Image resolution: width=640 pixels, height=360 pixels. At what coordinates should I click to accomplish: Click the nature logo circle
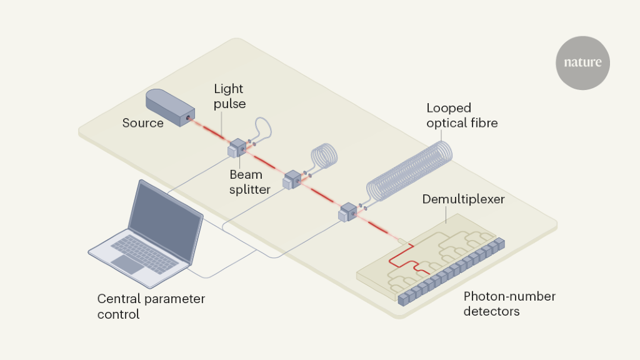point(582,62)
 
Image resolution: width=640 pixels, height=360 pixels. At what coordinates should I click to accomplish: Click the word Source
point(142,123)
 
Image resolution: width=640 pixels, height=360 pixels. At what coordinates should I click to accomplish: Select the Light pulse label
point(229,96)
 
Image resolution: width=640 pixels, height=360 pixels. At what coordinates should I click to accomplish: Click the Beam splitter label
point(250,182)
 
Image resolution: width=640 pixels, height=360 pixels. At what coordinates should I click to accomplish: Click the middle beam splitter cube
point(292,181)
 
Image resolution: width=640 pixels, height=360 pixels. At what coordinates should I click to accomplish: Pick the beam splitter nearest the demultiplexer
point(347,213)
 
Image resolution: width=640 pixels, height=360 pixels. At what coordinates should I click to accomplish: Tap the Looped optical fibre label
point(462,115)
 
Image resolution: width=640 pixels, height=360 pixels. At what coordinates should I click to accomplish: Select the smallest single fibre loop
point(262,127)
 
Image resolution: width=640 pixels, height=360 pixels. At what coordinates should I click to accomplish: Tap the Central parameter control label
point(151,306)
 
